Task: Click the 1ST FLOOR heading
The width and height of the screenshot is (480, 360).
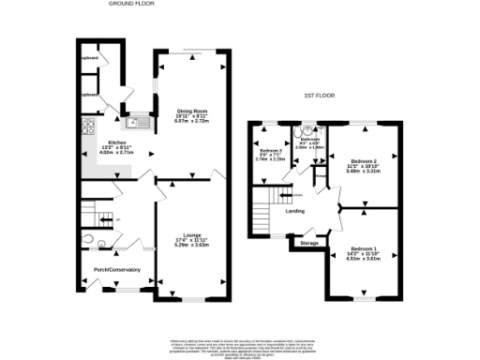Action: (319, 96)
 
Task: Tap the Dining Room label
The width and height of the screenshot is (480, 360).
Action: (190, 112)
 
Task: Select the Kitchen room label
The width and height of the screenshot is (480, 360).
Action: (103, 142)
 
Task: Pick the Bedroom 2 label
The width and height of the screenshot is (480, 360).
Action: (362, 159)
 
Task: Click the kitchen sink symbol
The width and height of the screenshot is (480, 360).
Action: (139, 119)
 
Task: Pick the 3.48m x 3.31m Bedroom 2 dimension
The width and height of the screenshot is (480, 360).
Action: (362, 171)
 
